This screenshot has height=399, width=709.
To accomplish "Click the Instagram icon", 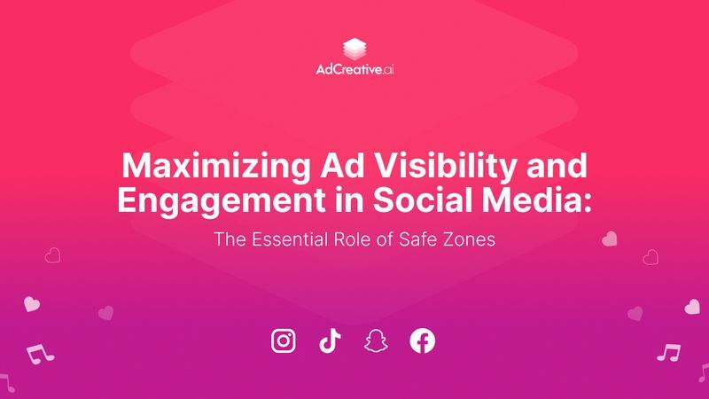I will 283,340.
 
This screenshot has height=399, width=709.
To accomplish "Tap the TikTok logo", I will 330,340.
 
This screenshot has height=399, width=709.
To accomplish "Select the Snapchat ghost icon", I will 376,340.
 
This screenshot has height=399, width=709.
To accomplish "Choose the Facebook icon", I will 423,340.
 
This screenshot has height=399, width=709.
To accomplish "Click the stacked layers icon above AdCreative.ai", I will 354,48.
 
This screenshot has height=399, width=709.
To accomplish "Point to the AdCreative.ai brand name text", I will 354,69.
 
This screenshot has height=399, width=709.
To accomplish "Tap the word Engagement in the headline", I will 206,199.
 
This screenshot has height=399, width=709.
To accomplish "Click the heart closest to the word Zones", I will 610,239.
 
